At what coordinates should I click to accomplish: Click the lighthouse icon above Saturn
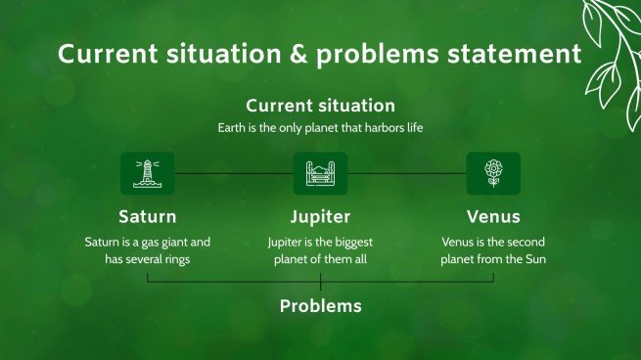tap(147, 174)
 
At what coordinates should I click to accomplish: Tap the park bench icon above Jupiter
tap(321, 174)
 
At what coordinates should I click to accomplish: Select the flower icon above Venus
tap(493, 173)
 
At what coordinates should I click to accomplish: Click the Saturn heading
tap(148, 216)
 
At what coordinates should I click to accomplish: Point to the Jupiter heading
tap(321, 217)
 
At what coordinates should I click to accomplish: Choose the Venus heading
tap(493, 216)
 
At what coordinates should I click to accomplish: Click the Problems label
tap(321, 306)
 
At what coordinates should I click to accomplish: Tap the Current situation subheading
tap(321, 106)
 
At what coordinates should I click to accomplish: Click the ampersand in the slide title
tap(299, 54)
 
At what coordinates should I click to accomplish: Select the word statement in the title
tap(515, 54)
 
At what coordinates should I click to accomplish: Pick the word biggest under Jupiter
tap(352, 243)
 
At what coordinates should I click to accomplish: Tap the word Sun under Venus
tap(535, 259)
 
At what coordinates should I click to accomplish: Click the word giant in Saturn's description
tap(172, 243)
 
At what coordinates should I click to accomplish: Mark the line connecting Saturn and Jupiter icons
tap(234, 174)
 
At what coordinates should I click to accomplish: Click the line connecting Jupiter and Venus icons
tap(407, 174)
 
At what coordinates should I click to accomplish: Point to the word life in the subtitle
tap(415, 128)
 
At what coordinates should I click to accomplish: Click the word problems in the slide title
tap(378, 55)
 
